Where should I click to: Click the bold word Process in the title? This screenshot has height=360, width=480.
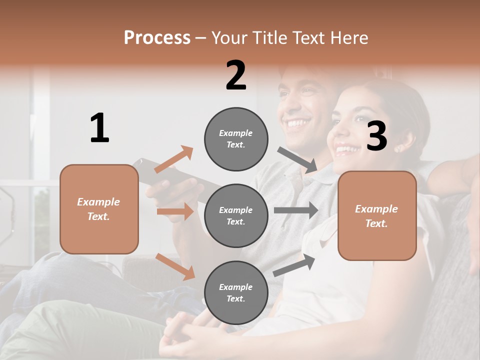pos(157,37)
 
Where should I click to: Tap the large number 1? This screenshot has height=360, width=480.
pos(99,128)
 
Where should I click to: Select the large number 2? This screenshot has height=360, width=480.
pos(236,75)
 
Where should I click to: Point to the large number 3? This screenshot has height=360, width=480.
pos(376,136)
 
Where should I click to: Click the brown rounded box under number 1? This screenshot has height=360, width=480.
pos(99,209)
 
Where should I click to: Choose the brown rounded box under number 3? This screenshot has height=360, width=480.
pos(377,215)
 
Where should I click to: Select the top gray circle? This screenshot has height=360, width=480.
pos(236,138)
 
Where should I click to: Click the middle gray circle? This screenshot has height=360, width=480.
pos(236,215)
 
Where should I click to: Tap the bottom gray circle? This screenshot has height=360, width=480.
pos(236,292)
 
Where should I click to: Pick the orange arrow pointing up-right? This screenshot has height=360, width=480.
pos(174,159)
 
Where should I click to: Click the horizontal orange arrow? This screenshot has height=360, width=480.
pos(175,211)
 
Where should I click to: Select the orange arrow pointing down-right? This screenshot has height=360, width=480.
pos(175,266)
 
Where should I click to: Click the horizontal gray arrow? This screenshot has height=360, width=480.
pos(295,210)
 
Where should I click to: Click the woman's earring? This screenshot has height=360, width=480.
pos(398,148)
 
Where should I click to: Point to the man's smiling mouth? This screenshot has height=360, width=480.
pos(296,123)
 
